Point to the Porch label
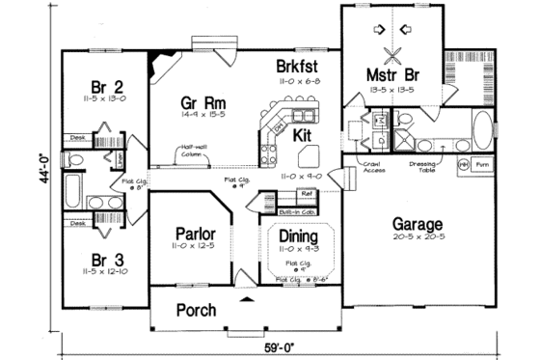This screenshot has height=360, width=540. coord(195,311)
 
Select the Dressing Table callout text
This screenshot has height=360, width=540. coord(425,165)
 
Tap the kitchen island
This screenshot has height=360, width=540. coord(310,156)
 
